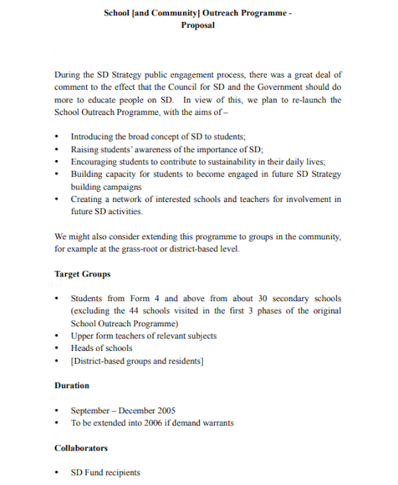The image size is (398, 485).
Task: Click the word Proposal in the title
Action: [198, 25]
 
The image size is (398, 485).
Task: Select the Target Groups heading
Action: [82, 274]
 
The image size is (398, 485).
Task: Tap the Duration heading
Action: [72, 385]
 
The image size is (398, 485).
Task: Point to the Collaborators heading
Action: [81, 448]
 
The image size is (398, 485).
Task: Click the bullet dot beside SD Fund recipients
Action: [57, 473]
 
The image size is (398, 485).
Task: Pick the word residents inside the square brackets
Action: [182, 361]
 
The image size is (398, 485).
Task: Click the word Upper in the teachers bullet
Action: [83, 336]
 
